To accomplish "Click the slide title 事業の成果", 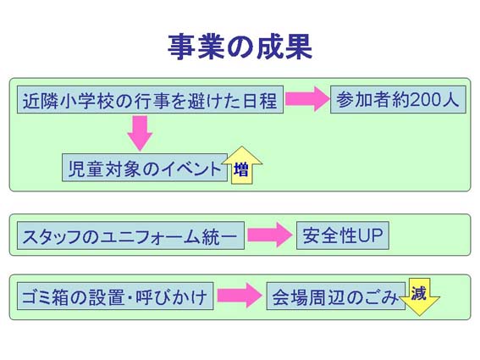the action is click(x=240, y=47).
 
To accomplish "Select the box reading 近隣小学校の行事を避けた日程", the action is click(x=150, y=100).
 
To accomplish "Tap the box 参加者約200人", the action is click(x=398, y=100).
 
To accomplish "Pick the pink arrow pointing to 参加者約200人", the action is click(x=306, y=99).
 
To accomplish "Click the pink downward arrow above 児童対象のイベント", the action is click(x=141, y=133).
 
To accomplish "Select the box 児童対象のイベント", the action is click(x=145, y=168).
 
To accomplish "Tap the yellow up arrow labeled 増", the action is click(x=242, y=165).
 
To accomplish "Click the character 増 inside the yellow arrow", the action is click(x=241, y=169).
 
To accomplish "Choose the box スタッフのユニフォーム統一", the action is click(x=130, y=235).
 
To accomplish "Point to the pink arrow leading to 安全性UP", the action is click(x=270, y=235).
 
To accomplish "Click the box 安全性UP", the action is click(x=343, y=235).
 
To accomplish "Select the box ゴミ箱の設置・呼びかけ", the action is click(x=115, y=296).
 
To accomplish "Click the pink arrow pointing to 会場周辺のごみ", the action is click(x=240, y=296).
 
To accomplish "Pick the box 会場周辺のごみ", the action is click(x=336, y=296).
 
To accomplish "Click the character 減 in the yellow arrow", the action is click(x=418, y=293).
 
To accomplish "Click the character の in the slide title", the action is click(x=240, y=48).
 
